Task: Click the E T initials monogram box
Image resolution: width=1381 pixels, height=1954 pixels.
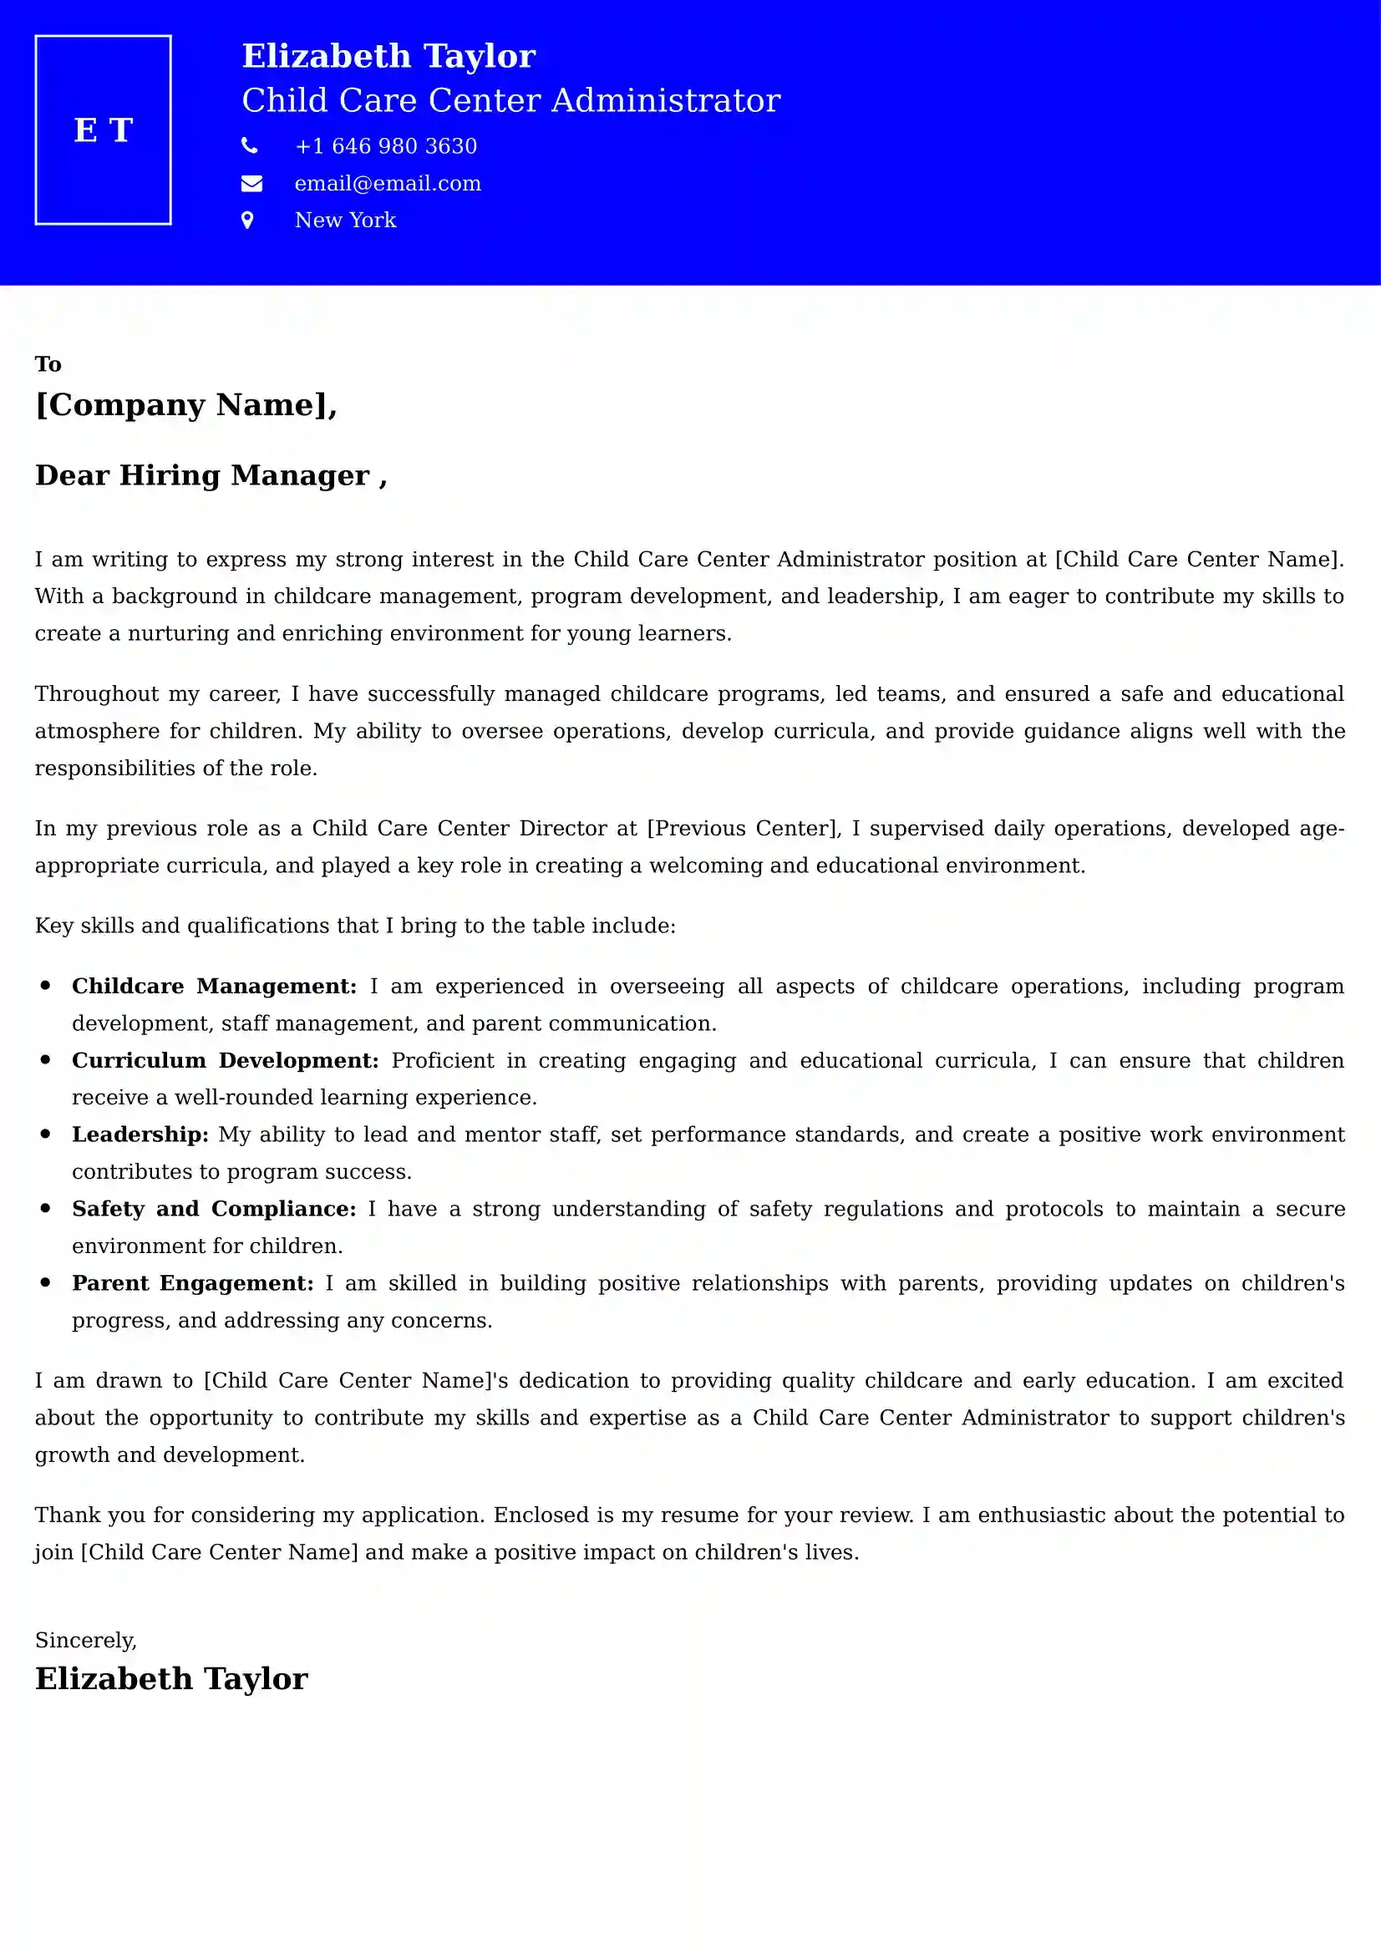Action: (103, 130)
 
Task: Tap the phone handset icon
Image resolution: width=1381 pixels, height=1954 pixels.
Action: (249, 146)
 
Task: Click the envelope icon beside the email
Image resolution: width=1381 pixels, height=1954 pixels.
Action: (251, 183)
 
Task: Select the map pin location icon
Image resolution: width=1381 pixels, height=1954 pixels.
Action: (247, 221)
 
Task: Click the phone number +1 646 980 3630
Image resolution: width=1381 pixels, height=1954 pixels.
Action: (385, 146)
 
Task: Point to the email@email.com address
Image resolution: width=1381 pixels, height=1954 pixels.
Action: (387, 184)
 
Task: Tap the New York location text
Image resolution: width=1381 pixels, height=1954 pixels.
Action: (346, 221)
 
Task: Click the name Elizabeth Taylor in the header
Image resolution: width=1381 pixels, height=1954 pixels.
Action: (388, 56)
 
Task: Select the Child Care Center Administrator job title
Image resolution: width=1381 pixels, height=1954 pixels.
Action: (510, 100)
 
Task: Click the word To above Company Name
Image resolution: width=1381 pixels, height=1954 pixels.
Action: (48, 364)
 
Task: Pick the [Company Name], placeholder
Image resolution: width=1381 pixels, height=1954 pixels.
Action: (186, 405)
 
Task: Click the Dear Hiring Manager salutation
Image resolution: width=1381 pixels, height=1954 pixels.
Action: (211, 475)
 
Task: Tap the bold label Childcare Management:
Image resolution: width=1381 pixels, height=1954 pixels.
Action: (215, 987)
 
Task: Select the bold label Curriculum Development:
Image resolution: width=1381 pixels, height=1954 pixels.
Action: (225, 1060)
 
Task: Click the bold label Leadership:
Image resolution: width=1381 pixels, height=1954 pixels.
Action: (140, 1134)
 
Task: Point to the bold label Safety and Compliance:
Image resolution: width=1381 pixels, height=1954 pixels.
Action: (214, 1209)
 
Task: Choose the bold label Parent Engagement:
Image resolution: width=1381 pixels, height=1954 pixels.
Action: (193, 1283)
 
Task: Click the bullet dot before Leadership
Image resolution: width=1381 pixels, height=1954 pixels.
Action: (46, 1134)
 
